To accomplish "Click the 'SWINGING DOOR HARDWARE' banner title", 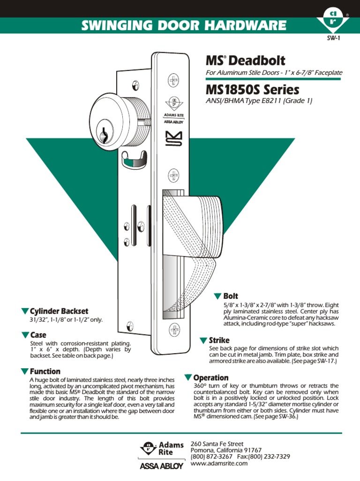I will pos(184,25).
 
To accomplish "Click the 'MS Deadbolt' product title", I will pos(246,61).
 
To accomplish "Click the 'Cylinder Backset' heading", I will pos(59,311).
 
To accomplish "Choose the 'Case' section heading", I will pos(38,335).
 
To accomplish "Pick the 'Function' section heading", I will pos(45,371).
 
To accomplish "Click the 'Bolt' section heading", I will pos(230,296).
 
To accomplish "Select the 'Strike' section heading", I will pos(218,340).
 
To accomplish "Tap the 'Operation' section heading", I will pos(211,378).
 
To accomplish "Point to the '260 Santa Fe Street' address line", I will pos(217,443).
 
